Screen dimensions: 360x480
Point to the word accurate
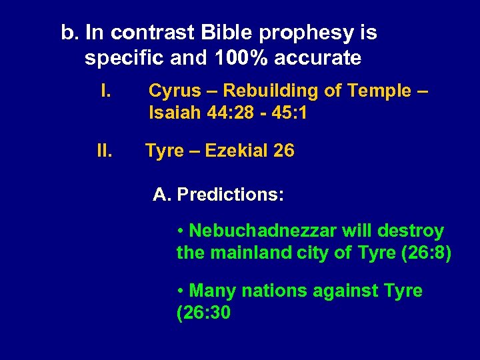319,58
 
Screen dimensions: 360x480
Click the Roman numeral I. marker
105,90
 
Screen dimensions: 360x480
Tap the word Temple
376,91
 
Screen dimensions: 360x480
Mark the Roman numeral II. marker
104,151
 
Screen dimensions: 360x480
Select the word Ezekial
235,151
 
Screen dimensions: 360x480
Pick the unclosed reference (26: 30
203,313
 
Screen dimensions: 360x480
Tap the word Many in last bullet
213,291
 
